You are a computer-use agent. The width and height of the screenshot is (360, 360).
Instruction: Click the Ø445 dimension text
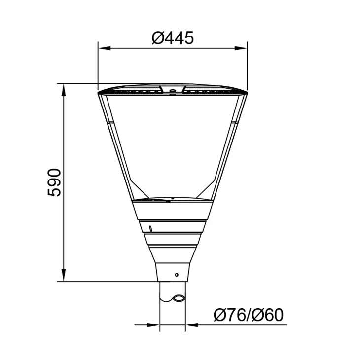(173, 38)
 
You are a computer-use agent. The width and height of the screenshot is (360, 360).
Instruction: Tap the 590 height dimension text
(54, 182)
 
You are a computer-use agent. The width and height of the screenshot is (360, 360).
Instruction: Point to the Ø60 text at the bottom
(267, 315)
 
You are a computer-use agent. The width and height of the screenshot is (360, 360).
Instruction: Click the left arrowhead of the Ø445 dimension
(104, 48)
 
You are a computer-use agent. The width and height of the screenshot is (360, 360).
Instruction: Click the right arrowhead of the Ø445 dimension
(241, 48)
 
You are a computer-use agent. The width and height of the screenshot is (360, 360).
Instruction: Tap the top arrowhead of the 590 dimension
(64, 90)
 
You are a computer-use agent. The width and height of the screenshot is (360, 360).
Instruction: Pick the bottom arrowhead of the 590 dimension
(64, 275)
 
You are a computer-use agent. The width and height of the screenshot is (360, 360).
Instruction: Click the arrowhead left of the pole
(153, 325)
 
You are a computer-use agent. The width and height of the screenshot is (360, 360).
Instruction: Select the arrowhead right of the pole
(192, 325)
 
